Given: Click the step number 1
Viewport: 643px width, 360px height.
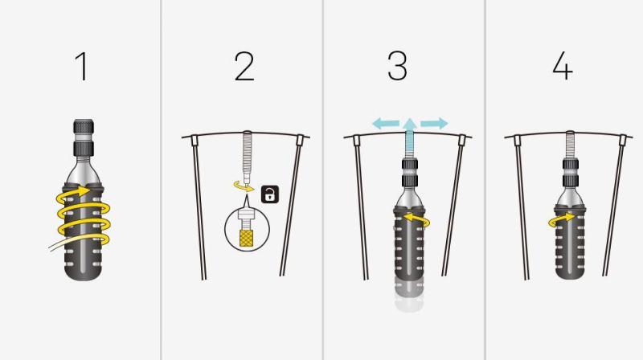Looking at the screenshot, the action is tap(82, 66).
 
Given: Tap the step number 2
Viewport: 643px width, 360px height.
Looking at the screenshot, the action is tap(244, 66).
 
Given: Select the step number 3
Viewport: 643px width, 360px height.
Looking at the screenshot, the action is tap(397, 66).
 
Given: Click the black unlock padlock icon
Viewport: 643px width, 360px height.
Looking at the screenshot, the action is tap(270, 194).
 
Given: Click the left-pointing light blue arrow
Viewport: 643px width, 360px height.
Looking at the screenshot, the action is tap(386, 123).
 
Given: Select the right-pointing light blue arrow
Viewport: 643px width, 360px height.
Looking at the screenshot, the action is tap(434, 123).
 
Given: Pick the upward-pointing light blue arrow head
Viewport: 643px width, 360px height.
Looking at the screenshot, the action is tap(410, 124).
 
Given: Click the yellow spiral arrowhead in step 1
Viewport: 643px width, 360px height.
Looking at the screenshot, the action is tap(84, 190).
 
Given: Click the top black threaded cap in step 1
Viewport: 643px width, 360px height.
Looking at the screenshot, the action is tap(84, 127).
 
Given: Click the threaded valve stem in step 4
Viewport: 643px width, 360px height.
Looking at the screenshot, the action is tap(570, 145).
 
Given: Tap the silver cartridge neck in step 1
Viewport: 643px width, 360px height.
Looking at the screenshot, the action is tap(83, 170).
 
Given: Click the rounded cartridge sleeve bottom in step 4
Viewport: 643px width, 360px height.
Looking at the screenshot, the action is tap(570, 272).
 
